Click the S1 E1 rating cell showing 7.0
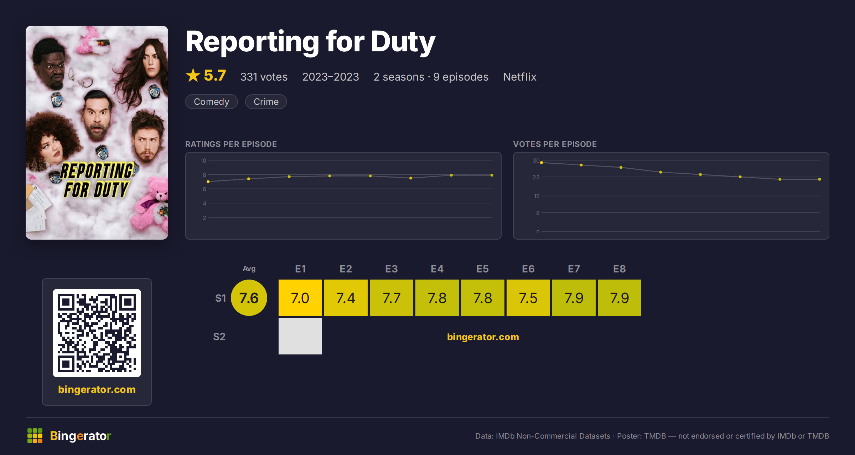[300, 298]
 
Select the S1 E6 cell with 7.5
[528, 298]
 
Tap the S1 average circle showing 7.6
[249, 298]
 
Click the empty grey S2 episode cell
[300, 336]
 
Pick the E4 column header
[437, 269]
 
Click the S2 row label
[219, 337]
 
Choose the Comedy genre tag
[212, 102]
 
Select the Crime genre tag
[266, 102]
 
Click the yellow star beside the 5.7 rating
[193, 75]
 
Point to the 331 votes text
[264, 77]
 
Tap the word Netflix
[520, 77]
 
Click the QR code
[97, 333]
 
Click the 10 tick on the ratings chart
[203, 160]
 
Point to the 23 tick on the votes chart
[536, 177]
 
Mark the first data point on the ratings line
[208, 182]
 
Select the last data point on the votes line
[820, 179]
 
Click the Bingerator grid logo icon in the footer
[35, 436]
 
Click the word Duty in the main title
[403, 42]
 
